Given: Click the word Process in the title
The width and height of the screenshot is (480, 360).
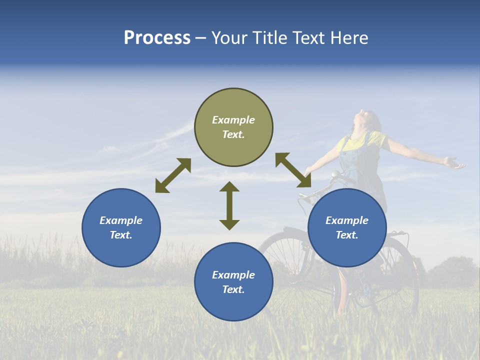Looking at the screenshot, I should click(157, 38).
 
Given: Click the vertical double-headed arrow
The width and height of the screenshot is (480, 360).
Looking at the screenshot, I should click(229, 205).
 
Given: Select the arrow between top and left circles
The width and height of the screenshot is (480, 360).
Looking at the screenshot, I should click(173, 175).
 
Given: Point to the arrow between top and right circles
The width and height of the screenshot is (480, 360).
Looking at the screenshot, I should click(293, 170).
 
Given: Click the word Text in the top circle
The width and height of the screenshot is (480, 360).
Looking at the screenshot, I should click(233, 134).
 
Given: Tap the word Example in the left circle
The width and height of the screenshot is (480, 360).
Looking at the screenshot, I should click(121, 220).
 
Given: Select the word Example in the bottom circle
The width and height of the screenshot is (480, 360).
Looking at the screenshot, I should click(233, 275).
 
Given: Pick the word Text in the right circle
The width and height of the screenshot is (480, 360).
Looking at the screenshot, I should click(347, 235).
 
